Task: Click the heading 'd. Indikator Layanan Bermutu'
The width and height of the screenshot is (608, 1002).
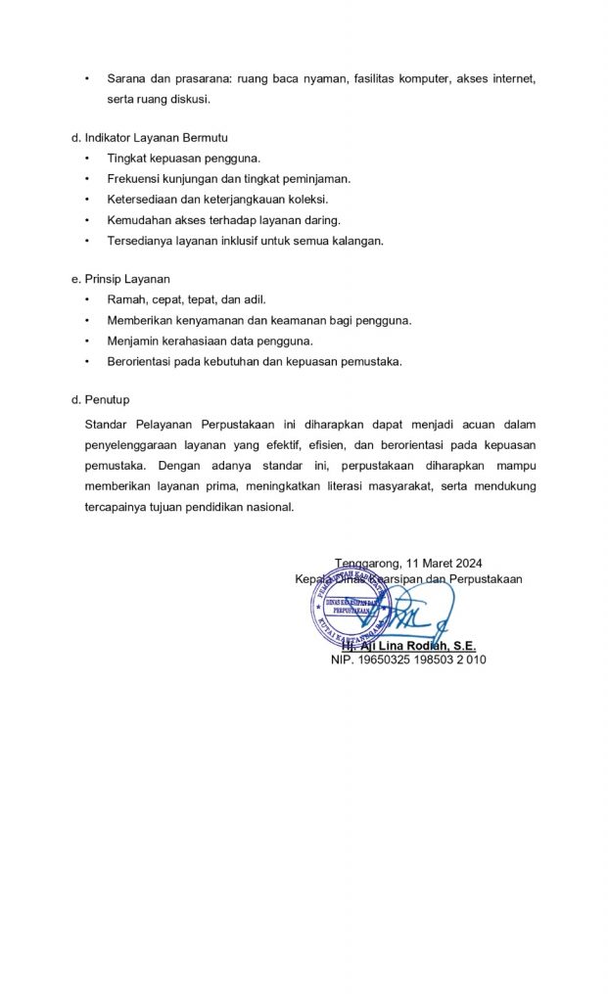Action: tap(156, 138)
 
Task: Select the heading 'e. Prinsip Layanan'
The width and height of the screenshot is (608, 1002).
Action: tap(127, 279)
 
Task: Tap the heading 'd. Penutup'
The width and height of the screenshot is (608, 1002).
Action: tap(107, 400)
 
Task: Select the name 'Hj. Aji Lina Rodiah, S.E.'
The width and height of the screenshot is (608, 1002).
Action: tap(408, 646)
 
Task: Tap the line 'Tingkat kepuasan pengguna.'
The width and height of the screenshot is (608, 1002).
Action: tap(184, 158)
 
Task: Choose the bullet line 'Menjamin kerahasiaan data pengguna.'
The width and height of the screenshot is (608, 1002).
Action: tap(210, 341)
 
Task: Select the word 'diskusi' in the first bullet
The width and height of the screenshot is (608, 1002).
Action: tap(190, 99)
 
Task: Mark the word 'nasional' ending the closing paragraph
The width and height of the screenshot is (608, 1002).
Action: tap(269, 507)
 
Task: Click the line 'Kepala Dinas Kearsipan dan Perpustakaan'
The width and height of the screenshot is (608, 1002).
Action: tap(408, 578)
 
